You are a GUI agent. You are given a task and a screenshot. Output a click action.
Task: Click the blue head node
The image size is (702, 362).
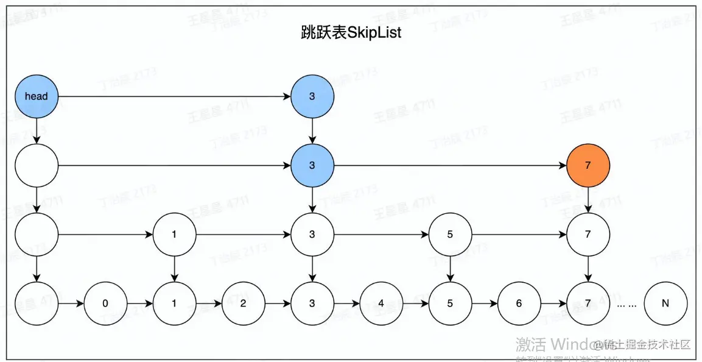(37, 96)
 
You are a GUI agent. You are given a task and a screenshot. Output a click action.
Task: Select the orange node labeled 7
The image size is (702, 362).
(588, 165)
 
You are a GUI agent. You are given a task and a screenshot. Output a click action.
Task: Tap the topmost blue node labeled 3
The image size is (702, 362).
(312, 96)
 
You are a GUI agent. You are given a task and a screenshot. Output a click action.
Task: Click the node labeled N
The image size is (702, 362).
(666, 303)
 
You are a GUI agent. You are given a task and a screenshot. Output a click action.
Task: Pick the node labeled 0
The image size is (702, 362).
(105, 303)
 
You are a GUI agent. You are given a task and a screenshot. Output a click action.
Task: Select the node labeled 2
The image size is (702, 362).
(243, 303)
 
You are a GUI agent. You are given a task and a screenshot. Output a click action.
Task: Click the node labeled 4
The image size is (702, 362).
(381, 303)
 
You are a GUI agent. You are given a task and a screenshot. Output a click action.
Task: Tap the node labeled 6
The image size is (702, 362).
(519, 303)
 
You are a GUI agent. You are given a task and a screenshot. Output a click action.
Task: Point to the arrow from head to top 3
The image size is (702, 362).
(174, 96)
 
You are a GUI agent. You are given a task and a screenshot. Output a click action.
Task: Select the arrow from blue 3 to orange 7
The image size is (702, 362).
(450, 165)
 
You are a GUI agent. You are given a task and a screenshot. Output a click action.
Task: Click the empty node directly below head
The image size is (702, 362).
(37, 165)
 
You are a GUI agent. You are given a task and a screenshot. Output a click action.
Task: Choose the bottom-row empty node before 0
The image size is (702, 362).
(37, 303)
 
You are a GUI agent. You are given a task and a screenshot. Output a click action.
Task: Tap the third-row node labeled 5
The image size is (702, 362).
(450, 234)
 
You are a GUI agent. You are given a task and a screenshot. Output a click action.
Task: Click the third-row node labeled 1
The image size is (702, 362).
(174, 234)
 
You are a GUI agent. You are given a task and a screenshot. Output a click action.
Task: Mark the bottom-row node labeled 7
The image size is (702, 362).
(588, 303)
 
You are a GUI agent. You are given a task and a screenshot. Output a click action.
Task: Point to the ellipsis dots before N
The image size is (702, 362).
(626, 303)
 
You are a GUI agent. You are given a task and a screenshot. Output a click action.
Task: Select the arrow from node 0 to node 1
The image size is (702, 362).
(139, 303)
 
